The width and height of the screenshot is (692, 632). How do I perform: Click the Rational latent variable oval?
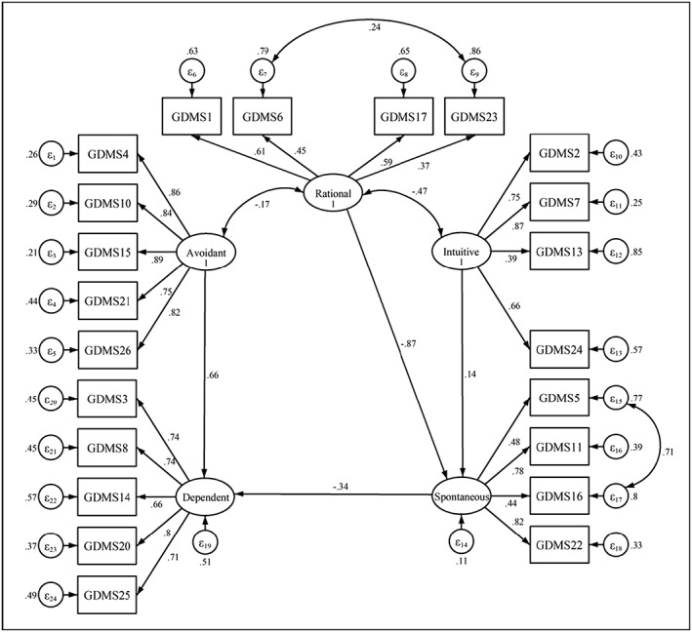point(332,191)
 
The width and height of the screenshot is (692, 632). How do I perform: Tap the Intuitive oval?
point(461,256)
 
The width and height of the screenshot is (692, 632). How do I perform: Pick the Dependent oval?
point(205,496)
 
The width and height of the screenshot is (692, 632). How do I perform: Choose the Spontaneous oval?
point(462,496)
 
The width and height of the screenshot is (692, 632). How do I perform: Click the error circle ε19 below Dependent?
point(205,545)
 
